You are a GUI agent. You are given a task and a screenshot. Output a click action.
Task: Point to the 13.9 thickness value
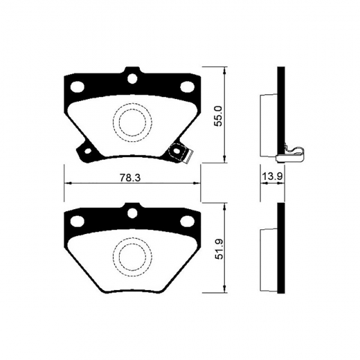pyautogui.click(x=271, y=178)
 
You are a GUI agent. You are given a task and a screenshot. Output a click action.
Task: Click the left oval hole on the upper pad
pyautogui.click(x=78, y=87)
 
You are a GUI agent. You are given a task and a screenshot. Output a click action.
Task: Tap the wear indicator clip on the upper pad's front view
pyautogui.click(x=181, y=152)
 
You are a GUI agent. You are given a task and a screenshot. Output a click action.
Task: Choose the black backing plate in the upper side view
pyautogui.click(x=280, y=114)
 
